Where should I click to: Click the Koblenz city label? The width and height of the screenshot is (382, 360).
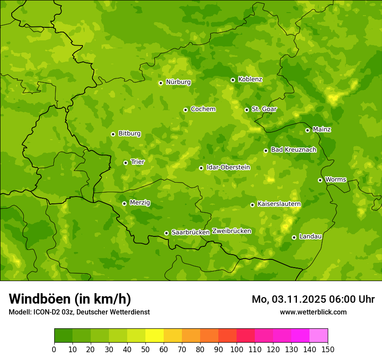tap(250, 79)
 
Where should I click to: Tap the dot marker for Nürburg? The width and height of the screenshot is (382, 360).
tap(161, 83)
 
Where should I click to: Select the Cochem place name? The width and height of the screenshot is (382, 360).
tap(203, 109)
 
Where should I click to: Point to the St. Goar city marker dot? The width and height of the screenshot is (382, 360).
tap(247, 110)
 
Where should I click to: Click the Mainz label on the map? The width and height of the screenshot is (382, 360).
tap(322, 129)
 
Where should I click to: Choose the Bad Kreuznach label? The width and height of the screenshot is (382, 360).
tap(293, 150)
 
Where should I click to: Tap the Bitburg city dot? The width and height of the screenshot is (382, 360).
tap(113, 134)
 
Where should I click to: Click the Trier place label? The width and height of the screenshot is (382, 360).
tap(138, 162)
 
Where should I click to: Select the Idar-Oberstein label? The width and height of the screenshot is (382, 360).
tap(228, 167)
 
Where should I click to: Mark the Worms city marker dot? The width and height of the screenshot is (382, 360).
tap(320, 180)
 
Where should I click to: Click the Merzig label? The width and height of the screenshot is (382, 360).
tap(140, 203)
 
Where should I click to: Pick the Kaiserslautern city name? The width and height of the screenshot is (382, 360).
tap(279, 204)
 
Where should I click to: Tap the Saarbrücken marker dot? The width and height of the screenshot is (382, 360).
tap(166, 233)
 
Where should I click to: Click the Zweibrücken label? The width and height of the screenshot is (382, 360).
tap(231, 231)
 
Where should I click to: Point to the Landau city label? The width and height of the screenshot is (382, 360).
tap(310, 236)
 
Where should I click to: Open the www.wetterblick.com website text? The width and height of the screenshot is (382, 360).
tap(313, 312)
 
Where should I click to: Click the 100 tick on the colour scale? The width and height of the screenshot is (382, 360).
tap(237, 349)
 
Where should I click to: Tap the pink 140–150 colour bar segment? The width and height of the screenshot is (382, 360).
tap(319, 335)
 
